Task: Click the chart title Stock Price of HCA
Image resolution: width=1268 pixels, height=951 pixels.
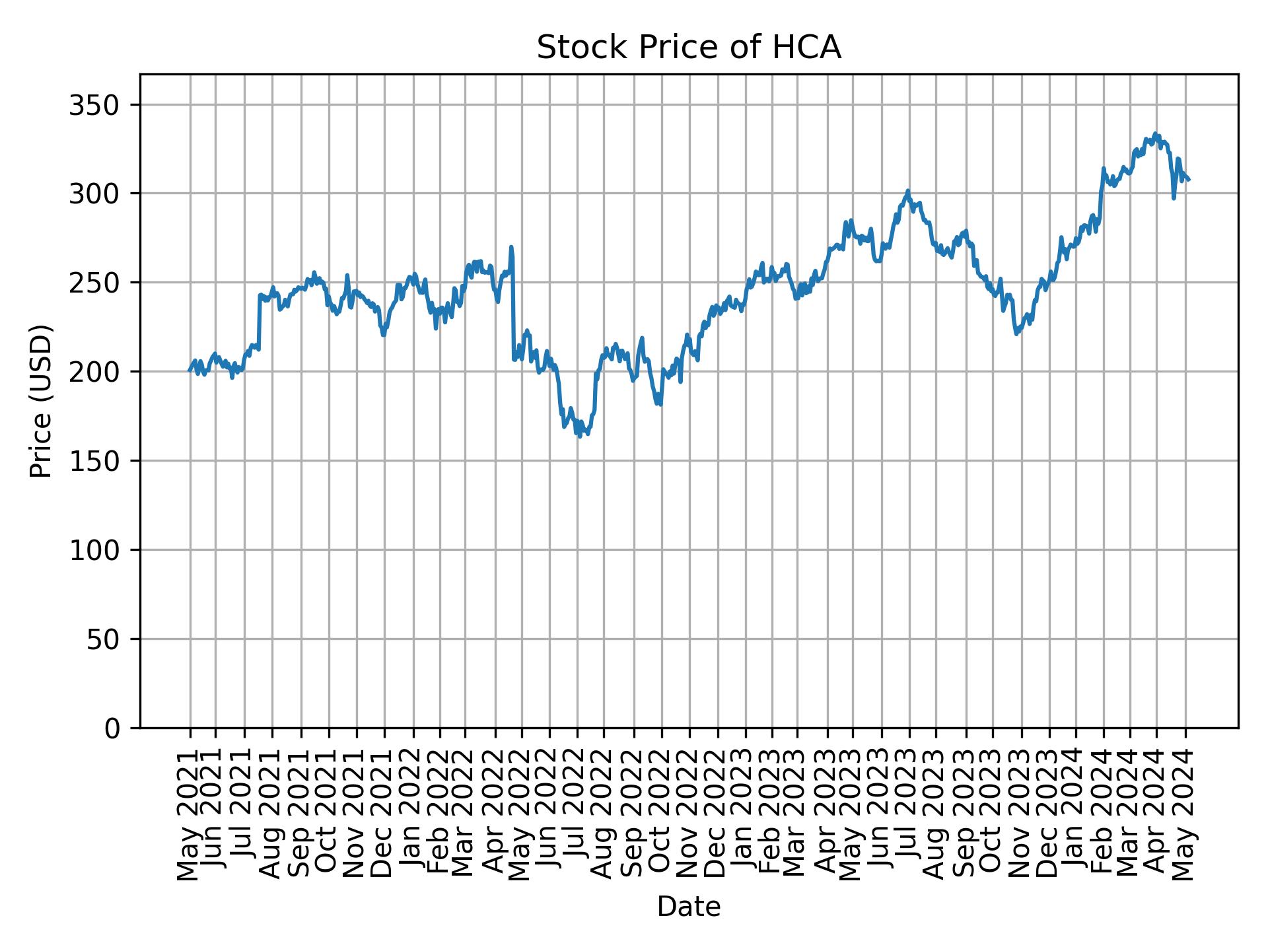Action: [688, 48]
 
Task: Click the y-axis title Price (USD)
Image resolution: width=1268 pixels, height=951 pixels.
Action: [41, 401]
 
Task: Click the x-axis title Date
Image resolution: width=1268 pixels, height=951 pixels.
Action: [688, 907]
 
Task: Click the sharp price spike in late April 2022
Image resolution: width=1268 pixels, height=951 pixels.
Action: [511, 248]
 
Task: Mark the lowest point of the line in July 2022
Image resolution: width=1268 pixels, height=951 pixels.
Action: [579, 437]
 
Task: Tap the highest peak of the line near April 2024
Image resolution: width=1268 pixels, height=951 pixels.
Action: [1154, 133]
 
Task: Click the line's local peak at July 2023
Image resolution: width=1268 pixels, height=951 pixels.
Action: [908, 191]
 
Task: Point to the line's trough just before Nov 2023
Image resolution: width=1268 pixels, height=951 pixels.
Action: [1016, 334]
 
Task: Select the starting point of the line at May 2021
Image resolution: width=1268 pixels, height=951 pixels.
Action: [190, 370]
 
